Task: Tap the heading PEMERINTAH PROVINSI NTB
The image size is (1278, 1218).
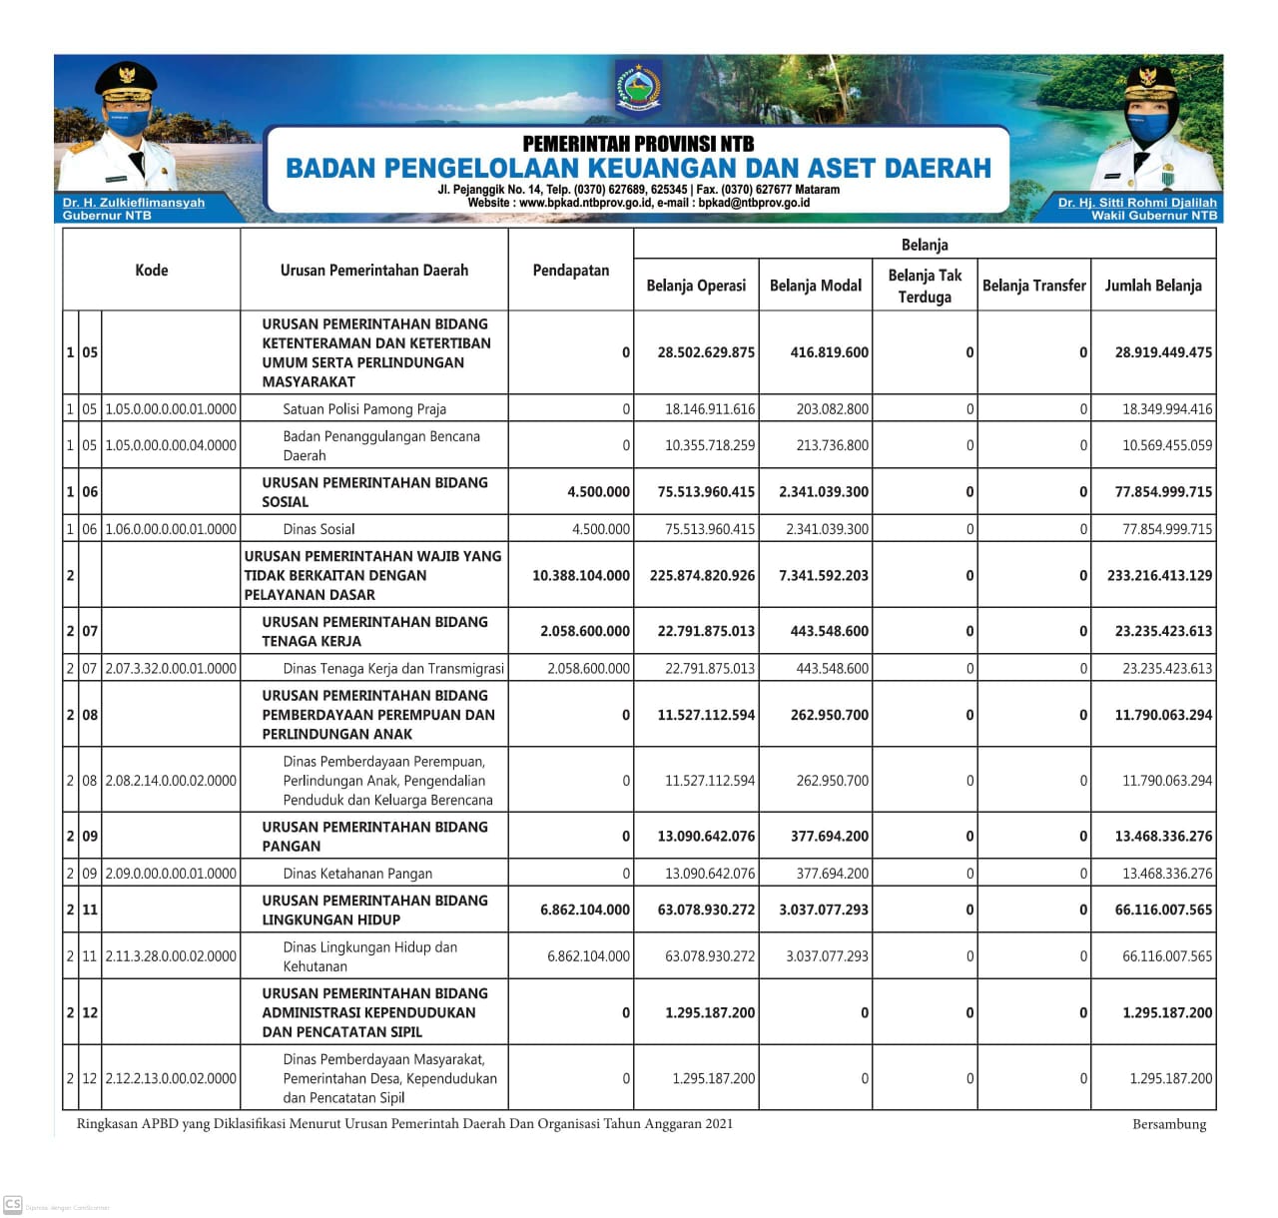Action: pyautogui.click(x=638, y=144)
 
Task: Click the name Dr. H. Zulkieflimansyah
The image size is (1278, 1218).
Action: pyautogui.click(x=133, y=203)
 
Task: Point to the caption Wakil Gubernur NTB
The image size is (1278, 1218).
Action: pyautogui.click(x=1154, y=215)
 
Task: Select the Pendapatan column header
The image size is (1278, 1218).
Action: pyautogui.click(x=570, y=271)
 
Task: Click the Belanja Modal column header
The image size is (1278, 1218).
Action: pyautogui.click(x=815, y=286)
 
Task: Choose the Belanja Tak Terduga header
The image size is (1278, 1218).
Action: pyautogui.click(x=925, y=286)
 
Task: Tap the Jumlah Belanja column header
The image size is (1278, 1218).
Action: pyautogui.click(x=1152, y=286)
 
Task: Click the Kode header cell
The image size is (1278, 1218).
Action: pyautogui.click(x=152, y=271)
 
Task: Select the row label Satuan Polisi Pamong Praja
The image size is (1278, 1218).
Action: pyautogui.click(x=364, y=409)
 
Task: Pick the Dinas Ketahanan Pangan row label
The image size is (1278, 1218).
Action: pyautogui.click(x=357, y=874)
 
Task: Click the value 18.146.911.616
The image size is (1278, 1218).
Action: pyautogui.click(x=710, y=409)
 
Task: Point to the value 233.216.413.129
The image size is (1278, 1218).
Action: pyautogui.click(x=1159, y=576)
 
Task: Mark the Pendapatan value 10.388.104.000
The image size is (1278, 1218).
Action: pyautogui.click(x=581, y=576)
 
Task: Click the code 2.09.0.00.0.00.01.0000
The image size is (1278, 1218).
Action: pyautogui.click(x=171, y=874)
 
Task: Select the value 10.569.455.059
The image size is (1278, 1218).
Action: pyautogui.click(x=1166, y=446)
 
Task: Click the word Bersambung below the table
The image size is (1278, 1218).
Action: pyautogui.click(x=1169, y=1125)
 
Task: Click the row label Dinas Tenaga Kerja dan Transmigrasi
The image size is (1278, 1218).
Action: pyautogui.click(x=393, y=669)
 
